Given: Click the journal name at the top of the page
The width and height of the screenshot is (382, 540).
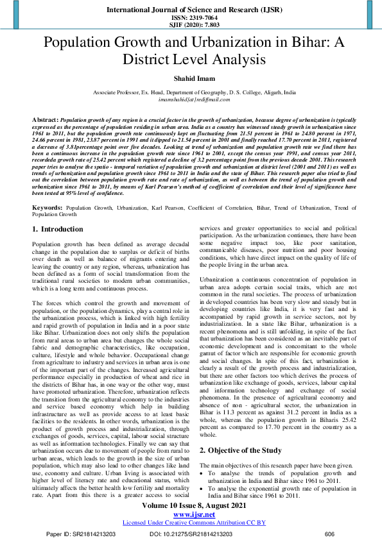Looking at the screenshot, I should (x=191, y=11).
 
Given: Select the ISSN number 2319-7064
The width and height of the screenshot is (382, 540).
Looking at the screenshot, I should (x=191, y=19).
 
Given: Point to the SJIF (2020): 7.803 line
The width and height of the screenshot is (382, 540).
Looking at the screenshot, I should (x=191, y=26).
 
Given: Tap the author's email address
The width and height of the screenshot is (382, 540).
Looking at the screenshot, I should (x=191, y=99).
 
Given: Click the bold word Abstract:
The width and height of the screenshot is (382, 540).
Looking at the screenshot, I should (x=45, y=120).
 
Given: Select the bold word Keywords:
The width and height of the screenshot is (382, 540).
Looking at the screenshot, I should (x=47, y=208).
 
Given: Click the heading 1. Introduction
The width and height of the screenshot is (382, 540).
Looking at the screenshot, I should (x=57, y=229).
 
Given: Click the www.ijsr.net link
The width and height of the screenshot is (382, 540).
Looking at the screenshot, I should (x=190, y=514).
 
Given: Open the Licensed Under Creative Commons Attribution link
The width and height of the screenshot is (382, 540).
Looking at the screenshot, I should (x=190, y=522).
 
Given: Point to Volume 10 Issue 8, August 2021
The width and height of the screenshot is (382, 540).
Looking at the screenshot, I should (x=190, y=506).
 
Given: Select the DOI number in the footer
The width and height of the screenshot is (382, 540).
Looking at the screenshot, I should (x=189, y=534).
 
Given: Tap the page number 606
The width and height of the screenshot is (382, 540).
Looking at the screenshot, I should (x=330, y=534).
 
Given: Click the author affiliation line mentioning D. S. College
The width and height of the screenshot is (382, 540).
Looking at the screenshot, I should (x=191, y=92).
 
